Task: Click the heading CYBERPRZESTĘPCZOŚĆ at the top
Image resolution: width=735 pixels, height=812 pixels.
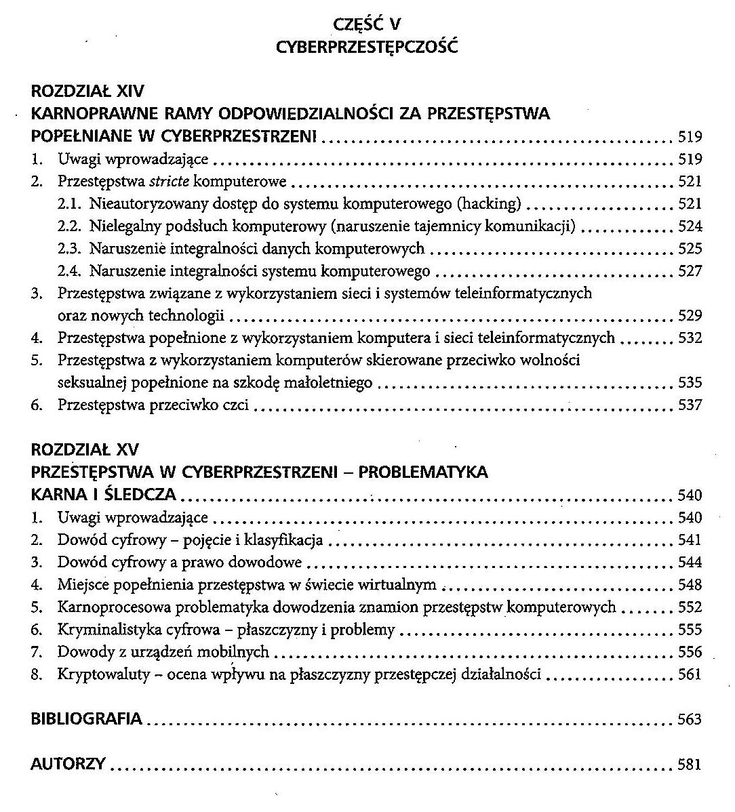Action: (x=367, y=47)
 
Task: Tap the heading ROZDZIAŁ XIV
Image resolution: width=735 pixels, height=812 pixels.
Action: (x=87, y=92)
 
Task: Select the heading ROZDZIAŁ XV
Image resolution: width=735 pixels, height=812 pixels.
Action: (x=85, y=450)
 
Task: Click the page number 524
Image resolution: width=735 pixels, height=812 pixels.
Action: (x=690, y=226)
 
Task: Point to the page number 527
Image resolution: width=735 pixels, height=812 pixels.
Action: (x=690, y=272)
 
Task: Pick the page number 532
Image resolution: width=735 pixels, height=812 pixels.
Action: (x=690, y=338)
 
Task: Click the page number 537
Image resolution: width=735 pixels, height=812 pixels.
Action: (x=690, y=405)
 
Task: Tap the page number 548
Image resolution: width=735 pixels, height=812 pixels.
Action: (x=690, y=585)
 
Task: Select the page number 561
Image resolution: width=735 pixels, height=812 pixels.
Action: (x=690, y=675)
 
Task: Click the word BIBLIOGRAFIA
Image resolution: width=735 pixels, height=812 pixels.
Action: (x=87, y=719)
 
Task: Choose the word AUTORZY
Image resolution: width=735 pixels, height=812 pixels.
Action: (x=68, y=765)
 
